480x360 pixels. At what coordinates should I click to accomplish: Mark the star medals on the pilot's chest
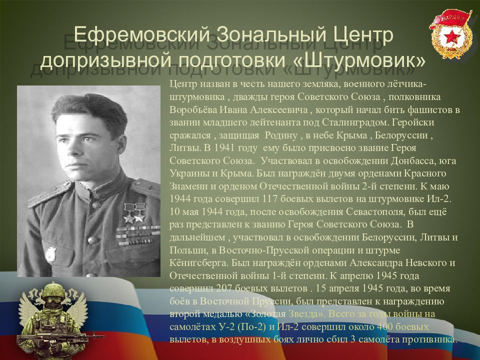pyautogui.click(x=133, y=212)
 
